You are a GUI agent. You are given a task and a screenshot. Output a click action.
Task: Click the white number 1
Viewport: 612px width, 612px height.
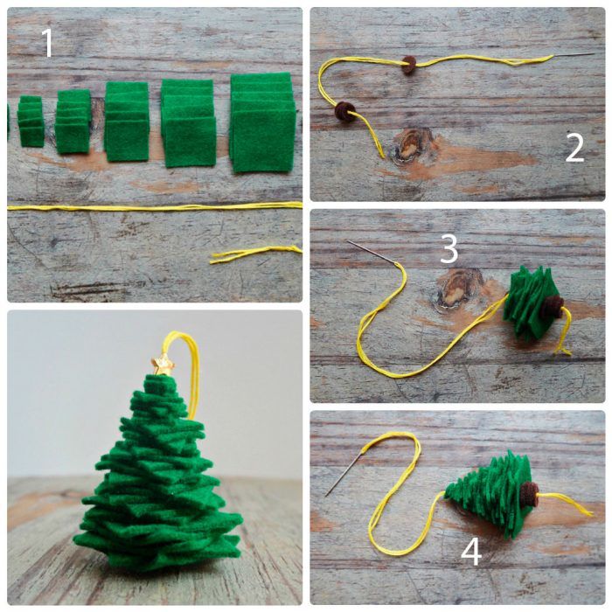(47, 43)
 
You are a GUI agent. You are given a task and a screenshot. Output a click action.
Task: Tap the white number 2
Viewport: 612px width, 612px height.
(575, 148)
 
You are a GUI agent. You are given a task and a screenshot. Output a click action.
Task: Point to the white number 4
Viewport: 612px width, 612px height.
(471, 552)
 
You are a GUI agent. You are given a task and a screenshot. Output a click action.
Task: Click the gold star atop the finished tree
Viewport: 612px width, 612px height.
(163, 365)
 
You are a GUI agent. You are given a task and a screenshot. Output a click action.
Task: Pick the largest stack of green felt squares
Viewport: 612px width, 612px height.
(262, 122)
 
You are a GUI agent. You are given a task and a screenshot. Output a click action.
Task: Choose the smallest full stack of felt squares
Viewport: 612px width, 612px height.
(31, 121)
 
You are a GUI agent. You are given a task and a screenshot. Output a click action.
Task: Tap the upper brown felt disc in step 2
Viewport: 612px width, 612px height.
(409, 65)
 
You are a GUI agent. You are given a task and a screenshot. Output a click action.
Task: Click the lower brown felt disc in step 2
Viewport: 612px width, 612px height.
(345, 111)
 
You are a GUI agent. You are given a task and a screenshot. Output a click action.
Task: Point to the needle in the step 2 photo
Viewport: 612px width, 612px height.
(574, 56)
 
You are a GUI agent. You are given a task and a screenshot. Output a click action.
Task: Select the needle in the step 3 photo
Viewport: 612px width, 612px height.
(372, 252)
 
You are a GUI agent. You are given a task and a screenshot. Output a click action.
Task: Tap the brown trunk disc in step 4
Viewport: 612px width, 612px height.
(530, 494)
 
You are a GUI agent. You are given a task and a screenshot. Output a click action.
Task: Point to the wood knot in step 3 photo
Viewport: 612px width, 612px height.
(456, 289)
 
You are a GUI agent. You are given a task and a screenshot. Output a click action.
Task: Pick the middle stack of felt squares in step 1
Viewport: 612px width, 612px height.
(127, 122)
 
